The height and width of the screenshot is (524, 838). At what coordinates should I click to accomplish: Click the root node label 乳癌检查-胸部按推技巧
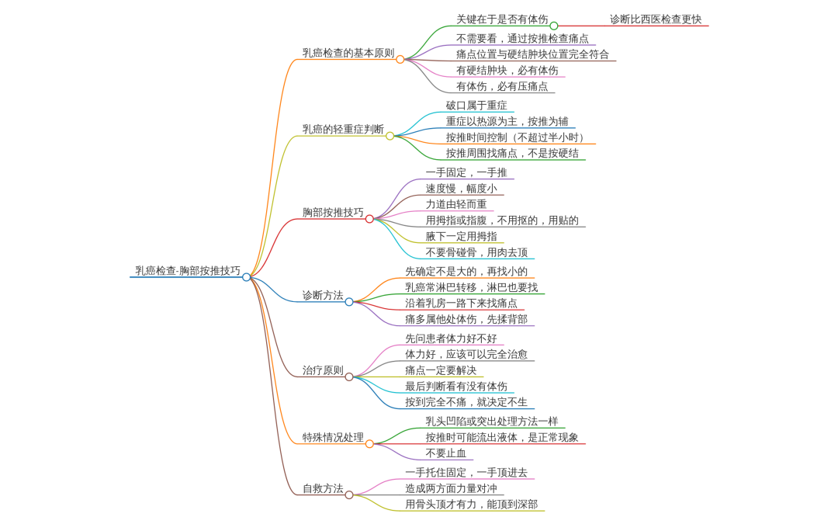[x=188, y=271]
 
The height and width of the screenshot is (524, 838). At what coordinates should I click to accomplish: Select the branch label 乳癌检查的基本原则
[x=348, y=53]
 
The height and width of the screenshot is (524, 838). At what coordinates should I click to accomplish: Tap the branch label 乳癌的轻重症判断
[x=343, y=129]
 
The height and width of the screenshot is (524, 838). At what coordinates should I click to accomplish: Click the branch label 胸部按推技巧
[x=333, y=212]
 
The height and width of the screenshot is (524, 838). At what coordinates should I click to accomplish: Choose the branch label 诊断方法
[x=323, y=295]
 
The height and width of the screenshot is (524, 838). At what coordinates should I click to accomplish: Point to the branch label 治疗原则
[x=323, y=370]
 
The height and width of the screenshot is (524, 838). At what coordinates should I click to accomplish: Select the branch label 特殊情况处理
[x=333, y=437]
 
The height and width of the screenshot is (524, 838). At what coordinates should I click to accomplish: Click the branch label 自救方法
[x=323, y=488]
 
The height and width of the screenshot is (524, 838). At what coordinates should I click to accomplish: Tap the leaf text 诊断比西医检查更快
[x=656, y=19]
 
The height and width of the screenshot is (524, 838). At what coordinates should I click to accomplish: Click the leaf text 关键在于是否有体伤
[x=502, y=19]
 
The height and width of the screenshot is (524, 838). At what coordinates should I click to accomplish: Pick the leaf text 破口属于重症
[x=476, y=105]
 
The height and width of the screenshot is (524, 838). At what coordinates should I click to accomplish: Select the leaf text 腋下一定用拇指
[x=462, y=236]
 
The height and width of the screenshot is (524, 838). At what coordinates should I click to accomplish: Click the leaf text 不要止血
[x=446, y=453]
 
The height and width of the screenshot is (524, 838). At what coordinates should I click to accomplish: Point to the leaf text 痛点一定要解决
[x=441, y=370]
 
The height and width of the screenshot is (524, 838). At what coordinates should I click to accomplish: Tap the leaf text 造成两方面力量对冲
[x=451, y=488]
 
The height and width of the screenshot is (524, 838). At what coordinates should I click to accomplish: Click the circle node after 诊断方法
[x=349, y=302]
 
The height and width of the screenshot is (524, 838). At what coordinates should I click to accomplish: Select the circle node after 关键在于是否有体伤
[x=553, y=26]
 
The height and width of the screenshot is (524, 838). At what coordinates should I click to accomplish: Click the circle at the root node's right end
[x=247, y=277]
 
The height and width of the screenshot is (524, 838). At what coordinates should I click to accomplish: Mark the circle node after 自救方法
[x=349, y=495]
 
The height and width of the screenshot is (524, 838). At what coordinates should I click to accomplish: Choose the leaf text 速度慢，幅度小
[x=462, y=188]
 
